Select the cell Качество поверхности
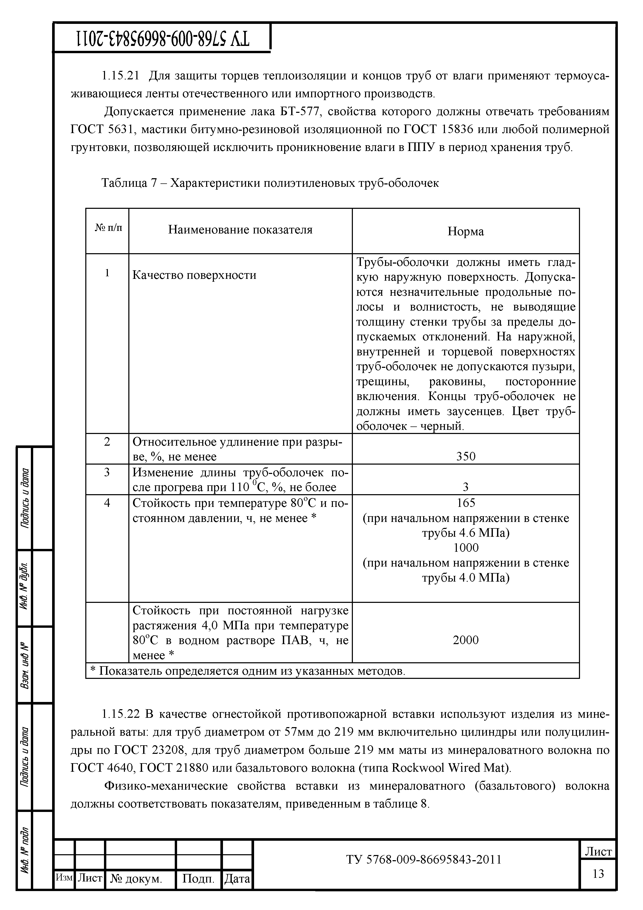194,275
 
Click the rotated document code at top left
162,38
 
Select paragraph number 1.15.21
121,76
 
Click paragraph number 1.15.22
121,714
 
